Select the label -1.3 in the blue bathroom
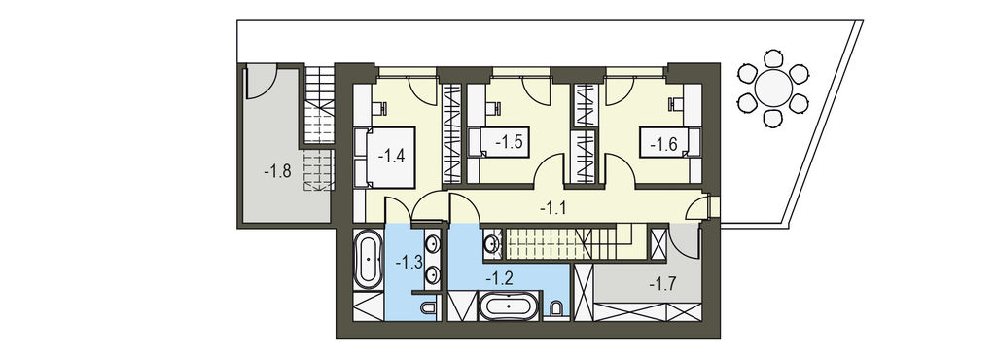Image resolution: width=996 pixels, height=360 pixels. (x=409, y=262)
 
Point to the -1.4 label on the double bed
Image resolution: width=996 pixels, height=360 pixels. (x=391, y=156)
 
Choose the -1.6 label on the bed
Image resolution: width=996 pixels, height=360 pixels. (x=663, y=145)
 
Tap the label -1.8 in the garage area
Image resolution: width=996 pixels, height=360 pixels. (x=277, y=171)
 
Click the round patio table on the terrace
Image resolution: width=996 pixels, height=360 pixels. (x=773, y=88)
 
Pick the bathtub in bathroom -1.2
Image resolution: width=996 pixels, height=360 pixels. (x=508, y=306)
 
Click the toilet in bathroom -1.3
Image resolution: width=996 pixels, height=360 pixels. (x=428, y=307)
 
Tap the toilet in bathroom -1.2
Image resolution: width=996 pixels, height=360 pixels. (x=557, y=308)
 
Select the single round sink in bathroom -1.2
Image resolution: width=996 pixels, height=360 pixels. (x=492, y=242)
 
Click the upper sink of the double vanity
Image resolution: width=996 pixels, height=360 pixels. (x=433, y=244)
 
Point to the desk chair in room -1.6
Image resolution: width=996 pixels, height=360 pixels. (x=675, y=103)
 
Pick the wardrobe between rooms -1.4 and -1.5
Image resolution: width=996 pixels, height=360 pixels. (x=451, y=134)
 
